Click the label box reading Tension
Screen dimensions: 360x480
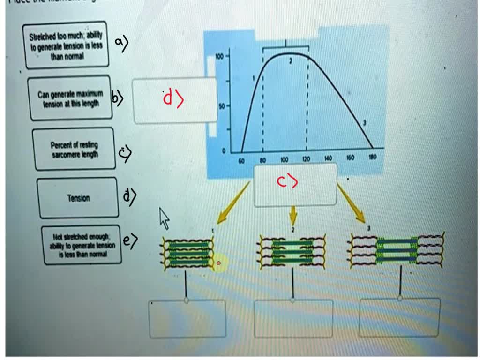[78, 198]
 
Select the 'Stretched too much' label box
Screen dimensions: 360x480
[66, 45]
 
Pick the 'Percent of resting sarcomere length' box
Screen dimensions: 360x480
[74, 149]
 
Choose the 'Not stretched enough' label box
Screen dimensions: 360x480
[81, 245]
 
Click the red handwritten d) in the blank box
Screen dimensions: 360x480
[173, 99]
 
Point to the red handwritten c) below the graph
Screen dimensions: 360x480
[287, 182]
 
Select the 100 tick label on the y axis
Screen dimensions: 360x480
[219, 56]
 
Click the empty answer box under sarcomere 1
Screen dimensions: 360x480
[187, 319]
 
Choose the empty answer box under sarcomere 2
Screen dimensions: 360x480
[293, 319]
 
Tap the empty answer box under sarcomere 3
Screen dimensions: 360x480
[399, 317]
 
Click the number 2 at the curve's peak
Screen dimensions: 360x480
[291, 61]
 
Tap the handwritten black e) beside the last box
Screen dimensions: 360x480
[130, 240]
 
